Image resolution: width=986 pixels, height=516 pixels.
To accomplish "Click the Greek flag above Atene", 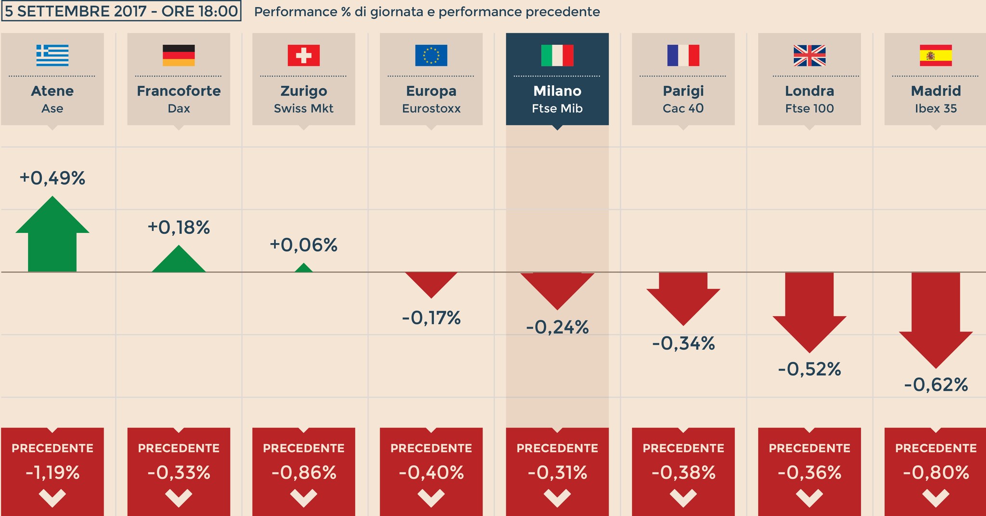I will tap(52, 55).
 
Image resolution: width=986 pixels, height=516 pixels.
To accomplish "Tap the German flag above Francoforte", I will tap(179, 55).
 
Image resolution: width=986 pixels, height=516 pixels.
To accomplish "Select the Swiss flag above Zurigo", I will tap(303, 55).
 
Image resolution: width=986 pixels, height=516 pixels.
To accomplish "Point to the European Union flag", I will tap(431, 55).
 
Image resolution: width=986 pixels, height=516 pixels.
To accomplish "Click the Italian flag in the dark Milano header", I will tap(557, 55).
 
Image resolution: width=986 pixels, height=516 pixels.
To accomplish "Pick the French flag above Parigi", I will tap(683, 55).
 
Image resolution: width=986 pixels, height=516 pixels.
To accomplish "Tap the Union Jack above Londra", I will tap(809, 55).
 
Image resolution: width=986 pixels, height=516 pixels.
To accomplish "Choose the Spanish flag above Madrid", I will tap(935, 55).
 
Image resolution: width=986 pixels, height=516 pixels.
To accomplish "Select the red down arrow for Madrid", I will tap(935, 318).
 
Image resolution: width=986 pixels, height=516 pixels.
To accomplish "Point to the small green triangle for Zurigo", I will tap(303, 268).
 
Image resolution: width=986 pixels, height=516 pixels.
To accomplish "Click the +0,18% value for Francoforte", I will tap(179, 228).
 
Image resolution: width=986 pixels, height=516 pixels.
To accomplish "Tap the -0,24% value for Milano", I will tap(557, 328).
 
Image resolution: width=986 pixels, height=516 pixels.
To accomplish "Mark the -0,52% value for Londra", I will tap(809, 370).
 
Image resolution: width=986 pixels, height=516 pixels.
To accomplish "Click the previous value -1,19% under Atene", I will tap(52, 473).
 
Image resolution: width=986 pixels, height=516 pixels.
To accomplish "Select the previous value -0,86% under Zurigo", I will tap(303, 473).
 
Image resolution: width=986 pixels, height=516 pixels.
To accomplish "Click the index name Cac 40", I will tap(683, 109).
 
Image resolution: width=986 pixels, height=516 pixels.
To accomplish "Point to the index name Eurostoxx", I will tap(431, 109).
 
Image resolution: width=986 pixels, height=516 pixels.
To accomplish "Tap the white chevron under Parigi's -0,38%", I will tap(683, 498).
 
